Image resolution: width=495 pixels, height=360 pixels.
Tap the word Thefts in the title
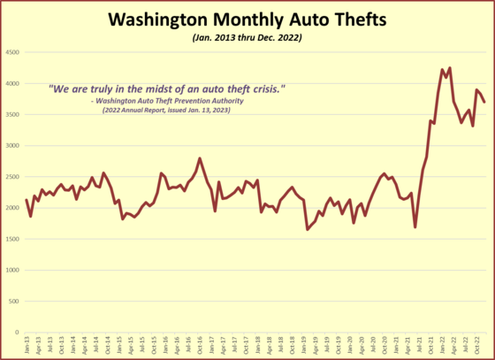[x=362, y=19]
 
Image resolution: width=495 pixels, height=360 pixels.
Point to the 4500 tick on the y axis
[x=14, y=53]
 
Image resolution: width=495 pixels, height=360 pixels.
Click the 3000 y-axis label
[x=14, y=146]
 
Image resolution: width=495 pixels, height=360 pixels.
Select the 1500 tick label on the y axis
[x=14, y=239]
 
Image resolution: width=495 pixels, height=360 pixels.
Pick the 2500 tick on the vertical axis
[x=14, y=177]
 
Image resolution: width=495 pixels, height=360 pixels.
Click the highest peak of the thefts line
[x=450, y=68]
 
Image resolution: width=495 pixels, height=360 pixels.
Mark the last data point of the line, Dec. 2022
[x=484, y=103]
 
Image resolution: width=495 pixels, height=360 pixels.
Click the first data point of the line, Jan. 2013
[x=27, y=200]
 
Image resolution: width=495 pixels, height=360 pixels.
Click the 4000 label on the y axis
[x=14, y=84]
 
